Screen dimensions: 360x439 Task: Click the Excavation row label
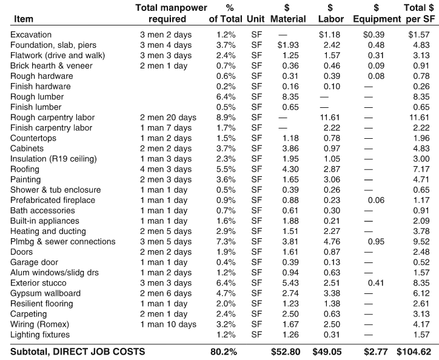31,35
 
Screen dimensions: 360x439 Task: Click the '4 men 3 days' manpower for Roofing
166,169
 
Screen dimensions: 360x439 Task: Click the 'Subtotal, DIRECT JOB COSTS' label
77,351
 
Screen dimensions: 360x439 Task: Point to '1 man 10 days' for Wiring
168,324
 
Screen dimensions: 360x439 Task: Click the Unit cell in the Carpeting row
256,314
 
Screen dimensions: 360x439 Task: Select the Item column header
23,19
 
